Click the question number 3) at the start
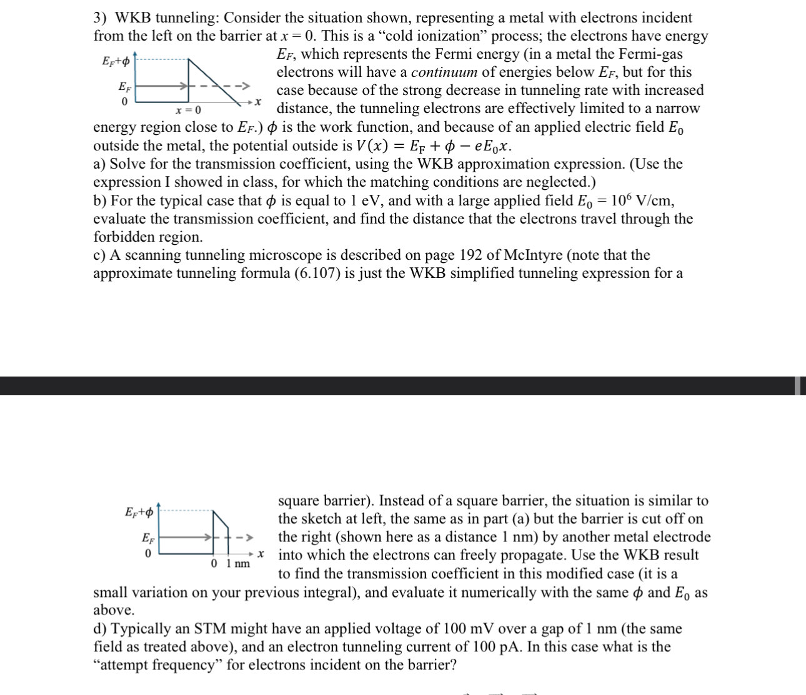[101, 18]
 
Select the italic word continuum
[444, 72]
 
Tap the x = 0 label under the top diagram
[188, 111]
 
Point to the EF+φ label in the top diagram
[116, 61]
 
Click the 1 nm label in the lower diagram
[237, 564]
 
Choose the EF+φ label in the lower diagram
[139, 512]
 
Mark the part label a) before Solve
[99, 164]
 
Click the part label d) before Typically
[100, 629]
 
